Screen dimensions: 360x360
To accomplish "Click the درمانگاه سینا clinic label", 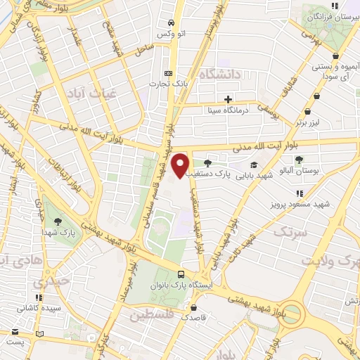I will (227, 110).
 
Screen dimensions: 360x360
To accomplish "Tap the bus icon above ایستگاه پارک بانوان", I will (181, 274).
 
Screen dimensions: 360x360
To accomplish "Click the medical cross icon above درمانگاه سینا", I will (227, 99).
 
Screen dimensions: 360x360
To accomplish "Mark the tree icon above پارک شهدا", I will (58, 221).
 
